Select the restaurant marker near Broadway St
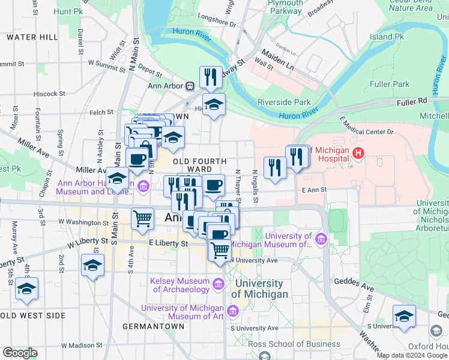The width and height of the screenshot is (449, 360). tap(211, 77)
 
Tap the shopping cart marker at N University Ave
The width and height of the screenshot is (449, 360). tap(220, 249)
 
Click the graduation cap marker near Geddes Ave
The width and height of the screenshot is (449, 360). tap(404, 316)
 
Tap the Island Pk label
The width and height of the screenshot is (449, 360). tap(387, 37)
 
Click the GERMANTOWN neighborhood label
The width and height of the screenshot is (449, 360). tap(152, 326)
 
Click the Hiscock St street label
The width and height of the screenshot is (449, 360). tap(49, 94)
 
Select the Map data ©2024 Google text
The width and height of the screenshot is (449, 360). tap(412, 355)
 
